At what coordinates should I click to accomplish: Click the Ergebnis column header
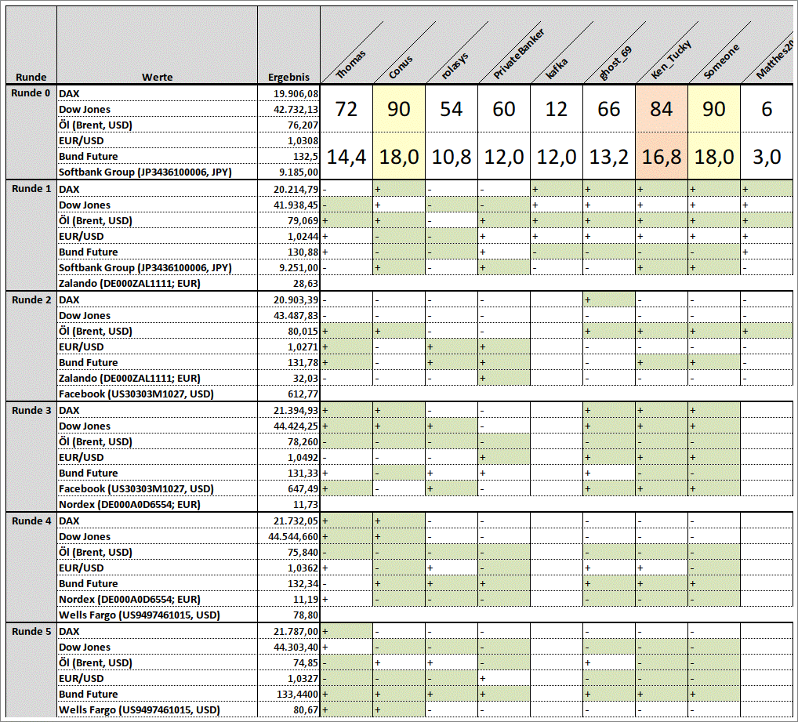pos(288,78)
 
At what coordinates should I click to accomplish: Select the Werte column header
pos(158,78)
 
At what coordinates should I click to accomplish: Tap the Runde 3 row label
pos(31,410)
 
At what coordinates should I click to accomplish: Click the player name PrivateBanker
pos(519,53)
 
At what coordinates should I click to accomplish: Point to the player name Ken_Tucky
pos(672,59)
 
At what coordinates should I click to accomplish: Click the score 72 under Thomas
pos(346,109)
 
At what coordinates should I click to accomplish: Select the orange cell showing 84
pos(661,109)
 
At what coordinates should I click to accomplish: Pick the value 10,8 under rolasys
pos(451,157)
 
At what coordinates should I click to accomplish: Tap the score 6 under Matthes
pos(767,109)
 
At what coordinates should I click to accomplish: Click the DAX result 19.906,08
pos(296,93)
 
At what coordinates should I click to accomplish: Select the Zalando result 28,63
pos(306,284)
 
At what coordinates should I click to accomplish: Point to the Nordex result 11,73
pos(306,505)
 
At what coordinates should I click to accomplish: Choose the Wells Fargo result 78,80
pos(306,615)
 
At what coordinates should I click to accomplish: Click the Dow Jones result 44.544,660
pos(293,537)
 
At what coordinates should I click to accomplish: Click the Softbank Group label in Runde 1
pos(145,267)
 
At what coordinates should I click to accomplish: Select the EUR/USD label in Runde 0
pos(81,141)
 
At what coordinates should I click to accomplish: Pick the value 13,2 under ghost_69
pos(608,157)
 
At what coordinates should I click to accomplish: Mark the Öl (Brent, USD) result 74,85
pos(306,663)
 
